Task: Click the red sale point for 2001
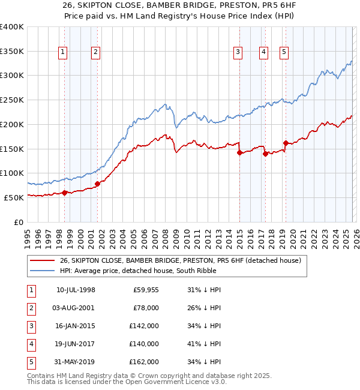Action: [x=97, y=184]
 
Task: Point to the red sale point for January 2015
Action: [x=239, y=152]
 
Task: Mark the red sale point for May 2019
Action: [x=286, y=143]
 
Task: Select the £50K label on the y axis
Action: [x=14, y=197]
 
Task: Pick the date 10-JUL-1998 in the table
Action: [x=76, y=290]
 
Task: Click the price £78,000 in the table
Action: [x=145, y=308]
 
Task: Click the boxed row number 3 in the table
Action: [x=31, y=326]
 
